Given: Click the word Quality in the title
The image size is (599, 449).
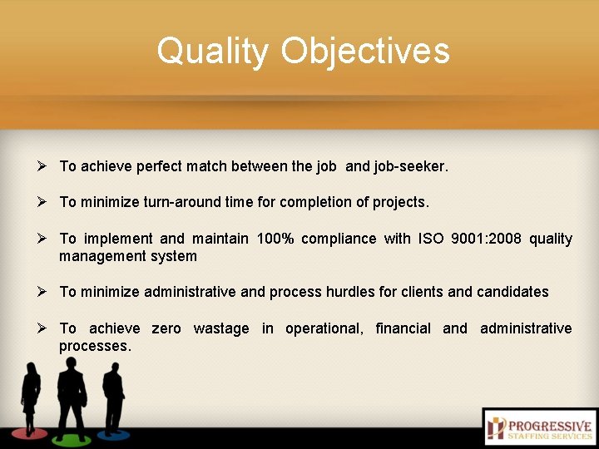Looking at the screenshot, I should coord(213,51).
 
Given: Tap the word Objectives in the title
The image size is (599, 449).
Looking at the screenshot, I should coord(365,51).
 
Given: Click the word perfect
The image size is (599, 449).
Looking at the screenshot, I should coord(159,166).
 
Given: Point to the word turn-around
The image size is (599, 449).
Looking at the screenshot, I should coord(188,202).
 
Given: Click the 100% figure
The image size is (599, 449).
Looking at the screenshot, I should coord(275,239).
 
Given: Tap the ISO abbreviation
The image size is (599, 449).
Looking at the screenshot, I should coord(431,239).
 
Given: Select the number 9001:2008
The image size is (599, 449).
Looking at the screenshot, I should coord(486,239).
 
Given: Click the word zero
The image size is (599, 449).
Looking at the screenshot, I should coord(166,328).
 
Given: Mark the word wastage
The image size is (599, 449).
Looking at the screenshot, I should coord(220,328).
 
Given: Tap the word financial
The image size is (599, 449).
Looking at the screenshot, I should coord(403,328).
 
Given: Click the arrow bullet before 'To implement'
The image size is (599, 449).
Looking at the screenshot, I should coord(42,239).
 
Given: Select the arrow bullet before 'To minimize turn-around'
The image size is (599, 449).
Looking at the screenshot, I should coord(42,202).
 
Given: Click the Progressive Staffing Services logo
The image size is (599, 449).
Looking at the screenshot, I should coord(539,427).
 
